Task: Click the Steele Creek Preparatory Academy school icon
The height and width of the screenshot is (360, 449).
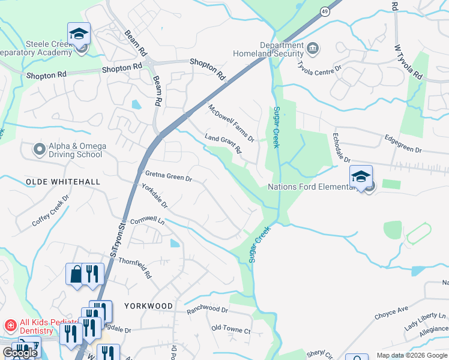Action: pos(79,34)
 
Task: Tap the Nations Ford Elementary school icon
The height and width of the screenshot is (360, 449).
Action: pos(361,176)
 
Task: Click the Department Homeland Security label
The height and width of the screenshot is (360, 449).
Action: pos(282,49)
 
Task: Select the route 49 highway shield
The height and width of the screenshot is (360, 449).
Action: pos(324,11)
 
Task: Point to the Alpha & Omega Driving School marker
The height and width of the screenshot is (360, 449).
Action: pos(40,148)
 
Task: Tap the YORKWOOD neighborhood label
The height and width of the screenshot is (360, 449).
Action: pos(148,305)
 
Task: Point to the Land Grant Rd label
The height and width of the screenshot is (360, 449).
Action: pos(223,143)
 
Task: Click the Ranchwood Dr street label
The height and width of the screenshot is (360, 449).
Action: pos(207,310)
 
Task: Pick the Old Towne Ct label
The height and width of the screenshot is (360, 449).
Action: pos(231,330)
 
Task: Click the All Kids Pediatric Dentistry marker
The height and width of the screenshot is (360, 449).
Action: pos(10,326)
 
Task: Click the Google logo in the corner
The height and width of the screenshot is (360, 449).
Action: pos(20,353)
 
